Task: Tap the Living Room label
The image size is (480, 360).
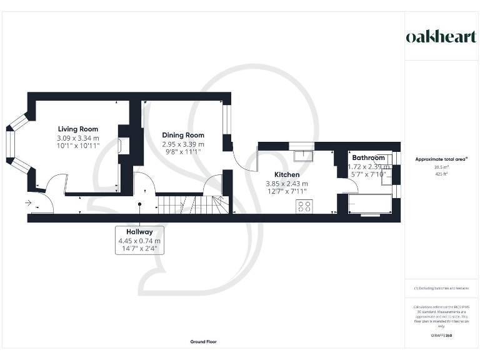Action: tap(78, 129)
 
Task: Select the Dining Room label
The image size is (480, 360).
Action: tap(183, 135)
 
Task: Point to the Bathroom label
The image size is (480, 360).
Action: tap(368, 158)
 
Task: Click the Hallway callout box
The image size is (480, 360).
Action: tap(140, 240)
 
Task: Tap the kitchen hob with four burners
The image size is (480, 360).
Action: tap(305, 206)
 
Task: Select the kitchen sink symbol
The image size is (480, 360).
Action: tap(304, 154)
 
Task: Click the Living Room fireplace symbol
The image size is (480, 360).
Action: tap(120, 146)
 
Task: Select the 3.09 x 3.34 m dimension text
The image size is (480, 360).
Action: tap(78, 138)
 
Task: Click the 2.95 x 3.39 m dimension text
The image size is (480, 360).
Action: tap(183, 144)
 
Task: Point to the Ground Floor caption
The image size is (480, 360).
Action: tap(204, 342)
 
